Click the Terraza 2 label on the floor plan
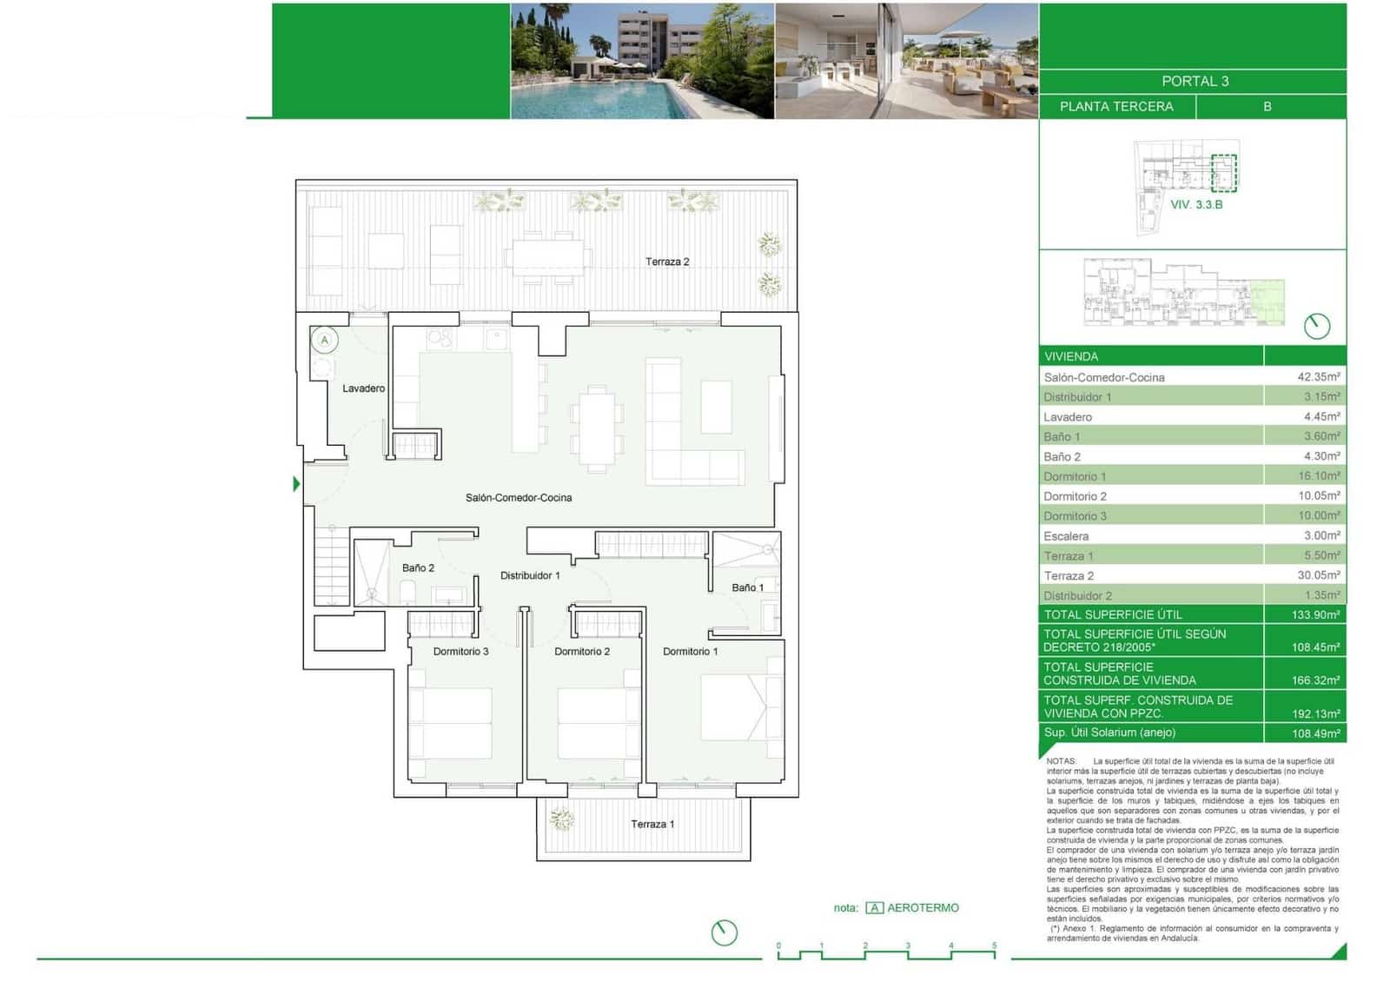point(667,262)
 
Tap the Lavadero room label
point(363,388)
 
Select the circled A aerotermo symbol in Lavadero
point(325,340)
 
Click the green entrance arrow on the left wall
point(297,484)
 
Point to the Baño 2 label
point(418,567)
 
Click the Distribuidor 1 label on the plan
point(530,575)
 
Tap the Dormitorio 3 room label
point(460,651)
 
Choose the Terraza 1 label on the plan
point(652,824)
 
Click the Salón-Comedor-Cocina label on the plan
point(519,498)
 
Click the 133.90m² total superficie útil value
point(1315,614)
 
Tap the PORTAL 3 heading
point(1195,81)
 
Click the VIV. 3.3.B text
point(1196,204)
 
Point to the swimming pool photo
point(642,61)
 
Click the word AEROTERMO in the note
point(923,907)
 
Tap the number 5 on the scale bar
point(994,946)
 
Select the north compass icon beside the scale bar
point(724,932)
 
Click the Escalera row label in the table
point(1066,536)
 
